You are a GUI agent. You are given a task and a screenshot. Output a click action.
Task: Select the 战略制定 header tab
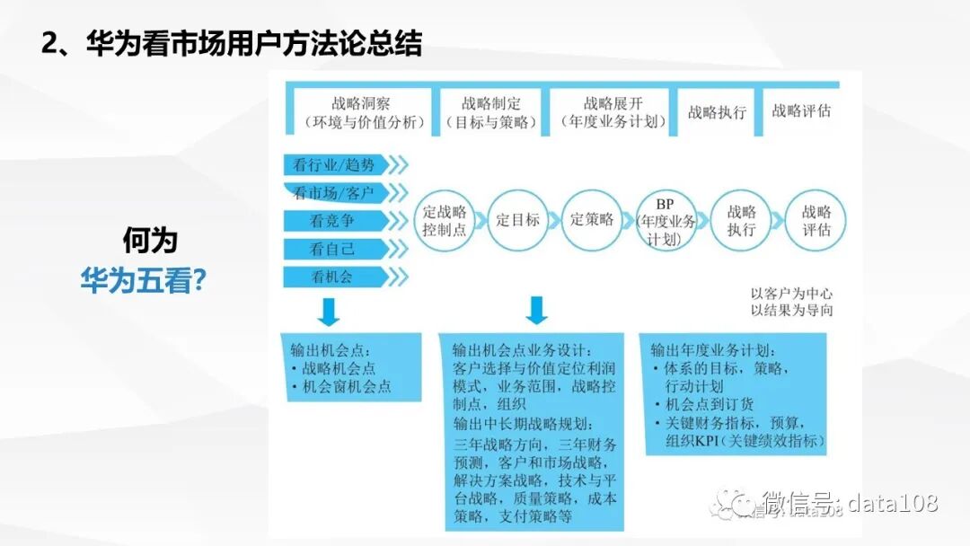[x=490, y=112]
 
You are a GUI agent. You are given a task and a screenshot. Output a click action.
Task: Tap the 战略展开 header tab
[x=613, y=112]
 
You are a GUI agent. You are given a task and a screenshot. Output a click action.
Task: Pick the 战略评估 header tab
[x=801, y=111]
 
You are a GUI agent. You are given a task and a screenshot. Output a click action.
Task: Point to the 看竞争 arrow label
[x=331, y=221]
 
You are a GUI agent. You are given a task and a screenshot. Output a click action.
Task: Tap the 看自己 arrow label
[x=331, y=249]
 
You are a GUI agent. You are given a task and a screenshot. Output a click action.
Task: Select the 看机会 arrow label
[x=331, y=277]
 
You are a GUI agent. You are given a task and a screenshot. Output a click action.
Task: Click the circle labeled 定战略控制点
[x=445, y=221]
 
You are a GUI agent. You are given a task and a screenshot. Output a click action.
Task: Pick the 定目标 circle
[x=518, y=220]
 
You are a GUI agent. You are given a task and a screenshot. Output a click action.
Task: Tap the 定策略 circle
[x=592, y=220]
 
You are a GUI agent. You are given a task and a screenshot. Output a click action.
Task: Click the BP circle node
[x=666, y=221]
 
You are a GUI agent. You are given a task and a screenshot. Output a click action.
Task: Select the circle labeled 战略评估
[x=816, y=221]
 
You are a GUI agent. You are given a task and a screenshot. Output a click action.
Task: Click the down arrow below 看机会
[x=328, y=312]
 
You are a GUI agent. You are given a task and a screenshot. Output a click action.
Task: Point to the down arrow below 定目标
[x=536, y=310]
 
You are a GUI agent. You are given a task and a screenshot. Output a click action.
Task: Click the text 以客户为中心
[x=791, y=294]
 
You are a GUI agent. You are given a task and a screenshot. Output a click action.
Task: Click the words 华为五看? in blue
[x=144, y=280]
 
